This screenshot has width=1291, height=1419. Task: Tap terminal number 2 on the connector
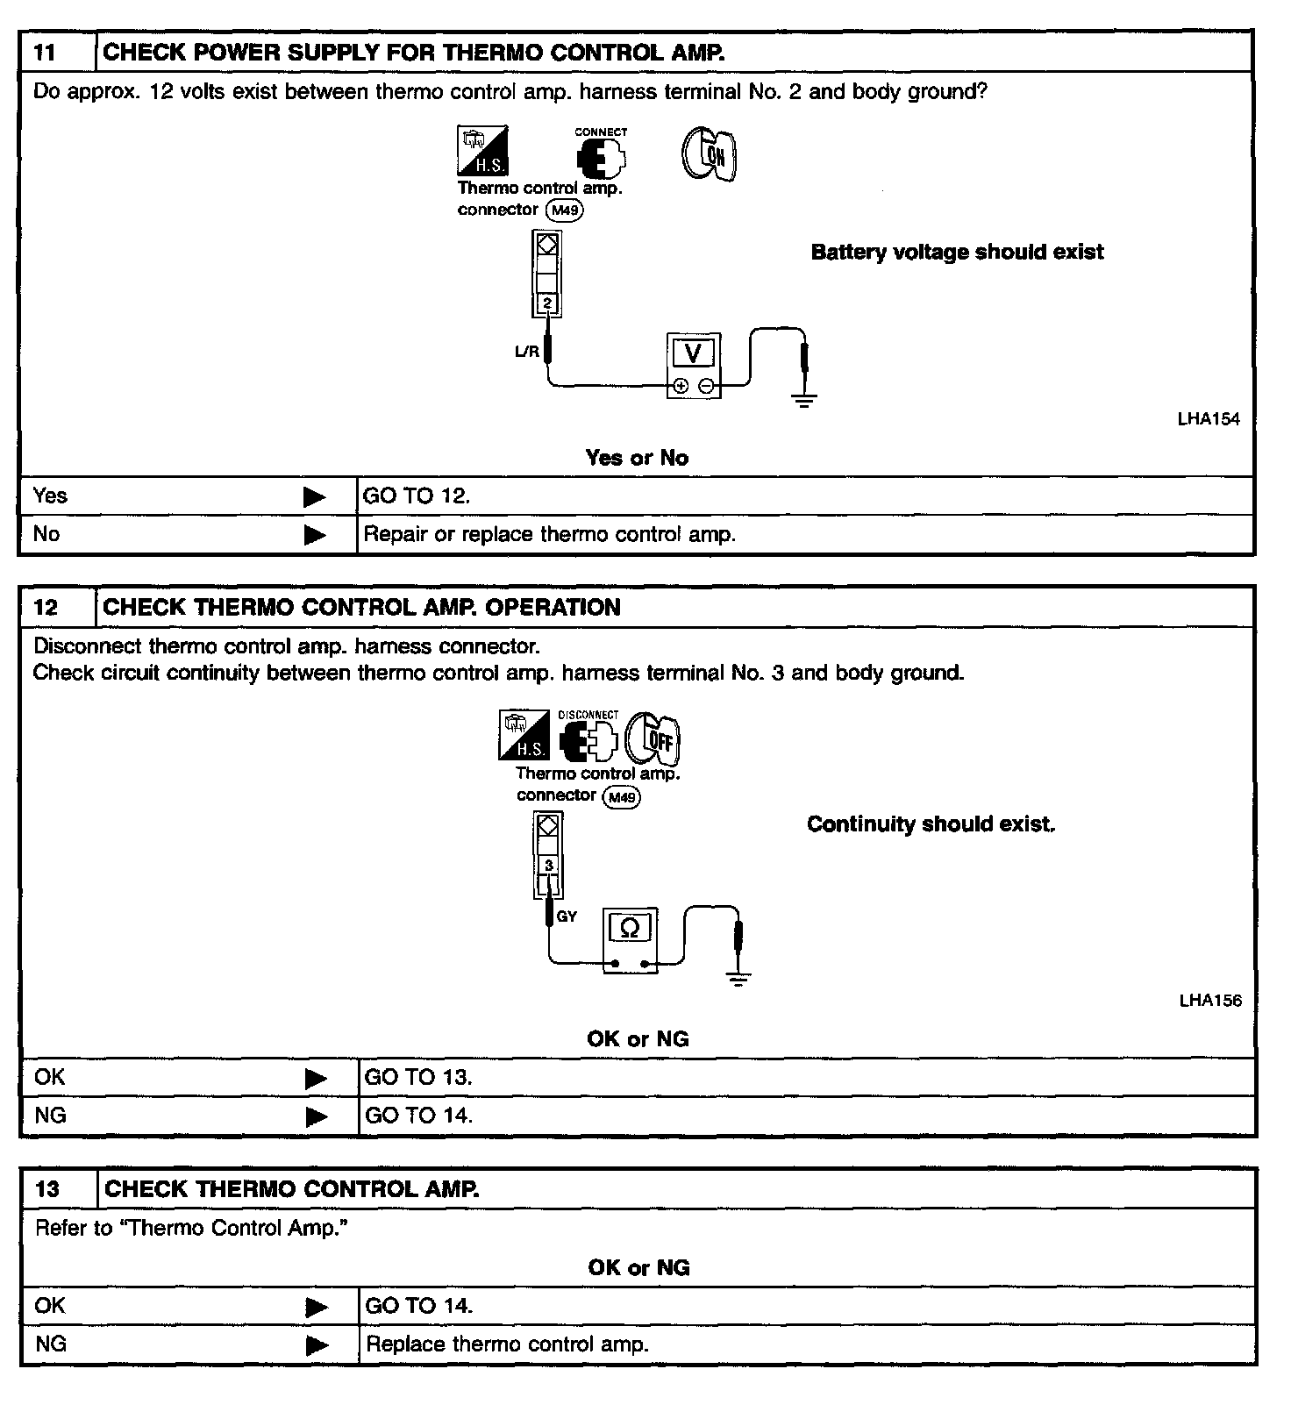(547, 304)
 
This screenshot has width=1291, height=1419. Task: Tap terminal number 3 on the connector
(549, 866)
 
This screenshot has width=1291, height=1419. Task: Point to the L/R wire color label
(526, 353)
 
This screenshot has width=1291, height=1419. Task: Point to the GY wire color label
(567, 916)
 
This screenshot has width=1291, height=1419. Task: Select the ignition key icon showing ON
(709, 155)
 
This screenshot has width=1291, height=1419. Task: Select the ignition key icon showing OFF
(653, 739)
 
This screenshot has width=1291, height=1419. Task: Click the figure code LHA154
(1209, 419)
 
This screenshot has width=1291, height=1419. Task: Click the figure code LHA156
(1210, 1001)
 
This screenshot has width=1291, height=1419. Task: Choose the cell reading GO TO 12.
(417, 496)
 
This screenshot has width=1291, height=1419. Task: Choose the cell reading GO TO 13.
(417, 1078)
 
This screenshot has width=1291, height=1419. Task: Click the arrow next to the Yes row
(315, 497)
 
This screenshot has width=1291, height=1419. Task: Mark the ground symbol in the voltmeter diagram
(804, 401)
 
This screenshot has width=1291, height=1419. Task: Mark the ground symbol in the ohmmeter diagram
(738, 980)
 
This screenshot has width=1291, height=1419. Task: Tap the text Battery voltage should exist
(957, 253)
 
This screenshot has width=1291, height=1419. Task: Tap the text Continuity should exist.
(931, 824)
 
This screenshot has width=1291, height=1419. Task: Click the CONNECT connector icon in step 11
(601, 154)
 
